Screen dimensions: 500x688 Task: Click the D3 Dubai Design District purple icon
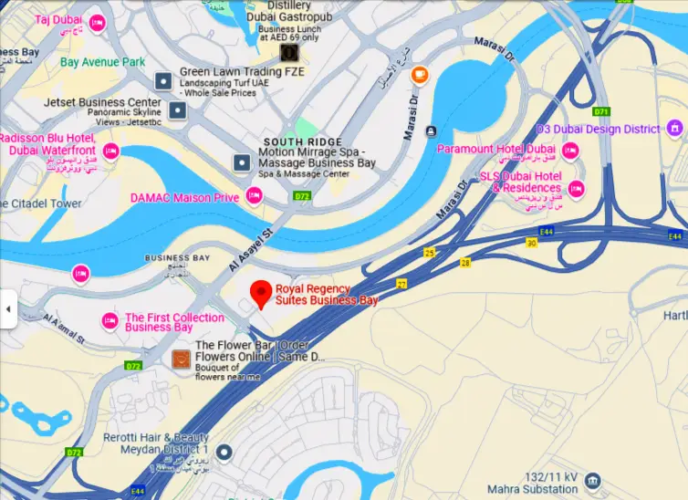[675, 128]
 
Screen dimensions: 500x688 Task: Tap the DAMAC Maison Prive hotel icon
[254, 195]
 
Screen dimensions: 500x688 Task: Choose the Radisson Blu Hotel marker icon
[110, 150]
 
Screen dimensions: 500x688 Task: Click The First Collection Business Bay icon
[109, 319]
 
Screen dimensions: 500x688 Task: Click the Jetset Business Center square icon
[178, 111]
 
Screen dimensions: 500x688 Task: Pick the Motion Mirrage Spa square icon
[242, 163]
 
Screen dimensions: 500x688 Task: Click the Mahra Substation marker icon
[593, 480]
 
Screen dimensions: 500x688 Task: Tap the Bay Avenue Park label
[102, 62]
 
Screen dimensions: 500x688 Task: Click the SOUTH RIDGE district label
[301, 141]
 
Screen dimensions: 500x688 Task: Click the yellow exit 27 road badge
[401, 284]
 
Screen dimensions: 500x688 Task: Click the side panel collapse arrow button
[8, 309]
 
